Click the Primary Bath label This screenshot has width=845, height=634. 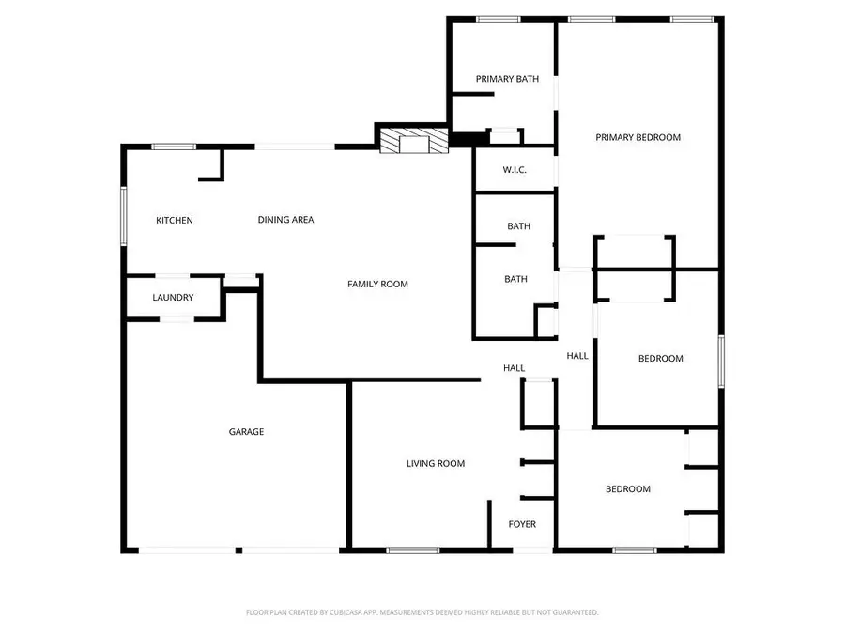[507, 79]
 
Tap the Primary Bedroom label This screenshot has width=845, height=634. [638, 137]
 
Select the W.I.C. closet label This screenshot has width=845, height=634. [514, 170]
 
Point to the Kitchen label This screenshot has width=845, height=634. [174, 221]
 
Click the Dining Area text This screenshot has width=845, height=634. [285, 220]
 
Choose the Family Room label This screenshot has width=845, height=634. [377, 284]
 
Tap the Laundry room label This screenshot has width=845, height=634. [173, 298]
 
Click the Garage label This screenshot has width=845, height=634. [246, 432]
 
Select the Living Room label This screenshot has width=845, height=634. [435, 463]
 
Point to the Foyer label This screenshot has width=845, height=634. [522, 524]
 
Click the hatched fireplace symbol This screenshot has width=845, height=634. [411, 141]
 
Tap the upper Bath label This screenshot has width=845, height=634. [518, 226]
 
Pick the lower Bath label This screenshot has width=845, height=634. [515, 279]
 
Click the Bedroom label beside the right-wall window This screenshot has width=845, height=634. [660, 358]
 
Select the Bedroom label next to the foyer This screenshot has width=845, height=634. [627, 488]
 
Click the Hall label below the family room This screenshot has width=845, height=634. [514, 368]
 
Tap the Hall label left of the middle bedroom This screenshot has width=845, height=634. [576, 356]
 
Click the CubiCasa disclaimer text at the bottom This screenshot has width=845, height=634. [422, 612]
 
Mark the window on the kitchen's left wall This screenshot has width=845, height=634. [123, 216]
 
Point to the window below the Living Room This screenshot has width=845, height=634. [407, 550]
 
